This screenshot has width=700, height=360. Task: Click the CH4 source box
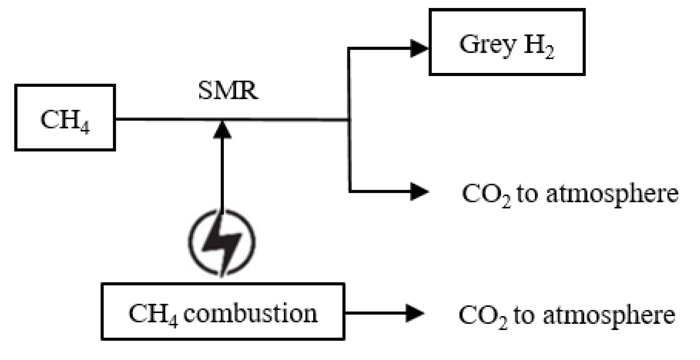pyautogui.click(x=65, y=118)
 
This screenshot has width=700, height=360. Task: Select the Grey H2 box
pyautogui.click(x=507, y=42)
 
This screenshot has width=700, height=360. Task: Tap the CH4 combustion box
pyautogui.click(x=223, y=312)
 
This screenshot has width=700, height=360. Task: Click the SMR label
pyautogui.click(x=228, y=91)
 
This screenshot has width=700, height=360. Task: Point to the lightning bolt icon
pyautogui.click(x=222, y=243)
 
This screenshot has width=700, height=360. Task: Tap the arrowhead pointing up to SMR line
pyautogui.click(x=222, y=129)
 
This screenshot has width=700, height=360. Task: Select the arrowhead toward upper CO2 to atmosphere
pyautogui.click(x=419, y=191)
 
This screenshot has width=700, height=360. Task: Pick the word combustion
pyautogui.click(x=250, y=313)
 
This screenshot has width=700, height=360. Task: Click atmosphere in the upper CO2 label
pyautogui.click(x=612, y=194)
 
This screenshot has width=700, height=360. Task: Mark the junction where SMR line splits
pyautogui.click(x=349, y=120)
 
